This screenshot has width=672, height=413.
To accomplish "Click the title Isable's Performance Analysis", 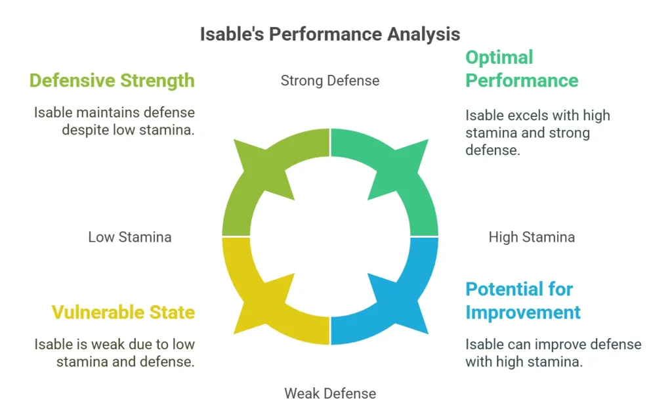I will tap(330, 34).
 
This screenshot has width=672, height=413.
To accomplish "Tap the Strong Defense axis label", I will tap(330, 81).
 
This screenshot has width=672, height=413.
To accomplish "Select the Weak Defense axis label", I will tap(330, 394).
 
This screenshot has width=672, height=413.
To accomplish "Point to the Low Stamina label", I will tap(130, 237).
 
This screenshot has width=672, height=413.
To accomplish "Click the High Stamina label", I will tap(532, 237).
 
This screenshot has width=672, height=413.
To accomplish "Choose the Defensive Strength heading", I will tap(112, 81).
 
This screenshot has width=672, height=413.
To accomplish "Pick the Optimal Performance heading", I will tap(522, 69).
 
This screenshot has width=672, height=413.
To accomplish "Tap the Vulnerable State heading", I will tap(123, 312).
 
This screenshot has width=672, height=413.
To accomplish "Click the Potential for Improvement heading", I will tap(523, 301).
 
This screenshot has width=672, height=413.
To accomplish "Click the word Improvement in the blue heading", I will tap(523, 313).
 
